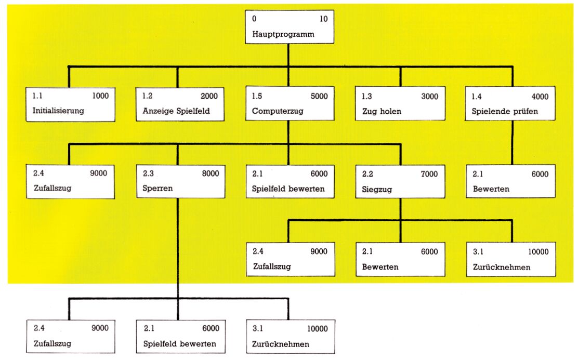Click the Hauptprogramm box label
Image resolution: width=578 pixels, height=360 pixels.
[283, 35]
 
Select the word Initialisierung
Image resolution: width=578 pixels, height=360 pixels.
[58, 111]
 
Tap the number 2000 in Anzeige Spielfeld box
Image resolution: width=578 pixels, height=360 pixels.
[209, 96]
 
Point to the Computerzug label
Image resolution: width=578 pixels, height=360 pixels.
[278, 111]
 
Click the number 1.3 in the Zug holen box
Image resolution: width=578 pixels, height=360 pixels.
[367, 97]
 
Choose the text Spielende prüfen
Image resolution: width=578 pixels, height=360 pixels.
[505, 111]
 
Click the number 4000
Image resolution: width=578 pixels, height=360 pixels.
[540, 97]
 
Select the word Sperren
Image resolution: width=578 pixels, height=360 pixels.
[157, 188]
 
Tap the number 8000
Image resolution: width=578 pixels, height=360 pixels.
[211, 174]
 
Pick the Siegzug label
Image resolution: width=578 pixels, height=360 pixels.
[377, 190]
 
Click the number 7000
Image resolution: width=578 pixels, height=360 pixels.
[429, 174]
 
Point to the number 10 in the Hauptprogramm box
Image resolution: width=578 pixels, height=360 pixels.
[324, 19]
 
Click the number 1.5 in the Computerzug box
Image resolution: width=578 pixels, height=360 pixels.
[257, 96]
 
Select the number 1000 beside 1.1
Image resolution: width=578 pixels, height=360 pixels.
[100, 96]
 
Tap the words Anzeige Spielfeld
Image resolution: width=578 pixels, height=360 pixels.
[176, 111]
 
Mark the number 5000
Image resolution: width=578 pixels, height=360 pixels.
[319, 96]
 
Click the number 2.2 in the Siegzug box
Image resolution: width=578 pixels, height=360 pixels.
[367, 174]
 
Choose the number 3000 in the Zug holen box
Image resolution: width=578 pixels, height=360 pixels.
[430, 97]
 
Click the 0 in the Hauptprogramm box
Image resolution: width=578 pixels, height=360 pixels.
[254, 19]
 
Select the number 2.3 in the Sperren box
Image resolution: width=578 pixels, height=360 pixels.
[148, 174]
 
